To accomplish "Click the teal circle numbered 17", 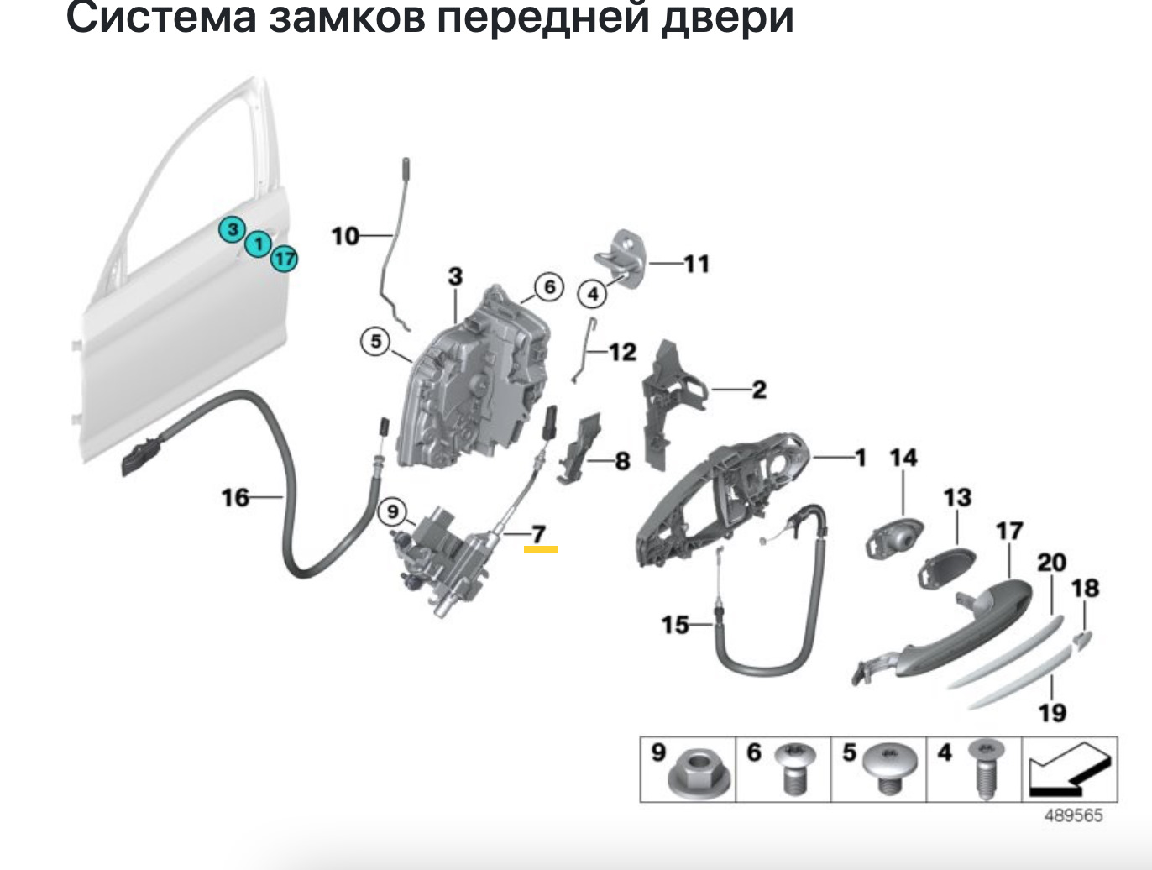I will click(285, 258).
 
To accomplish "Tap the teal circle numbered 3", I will click(233, 229).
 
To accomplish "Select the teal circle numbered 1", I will click(259, 244).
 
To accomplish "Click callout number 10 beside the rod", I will click(345, 236).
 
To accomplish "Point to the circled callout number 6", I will click(549, 288).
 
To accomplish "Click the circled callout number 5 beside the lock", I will click(375, 342).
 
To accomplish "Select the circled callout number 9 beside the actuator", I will click(393, 510).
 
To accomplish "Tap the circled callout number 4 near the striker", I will click(592, 295).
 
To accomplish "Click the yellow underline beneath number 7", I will click(540, 548).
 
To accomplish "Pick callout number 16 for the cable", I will click(235, 498).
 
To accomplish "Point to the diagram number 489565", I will click(1073, 815).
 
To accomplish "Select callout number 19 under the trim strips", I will click(1052, 713).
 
